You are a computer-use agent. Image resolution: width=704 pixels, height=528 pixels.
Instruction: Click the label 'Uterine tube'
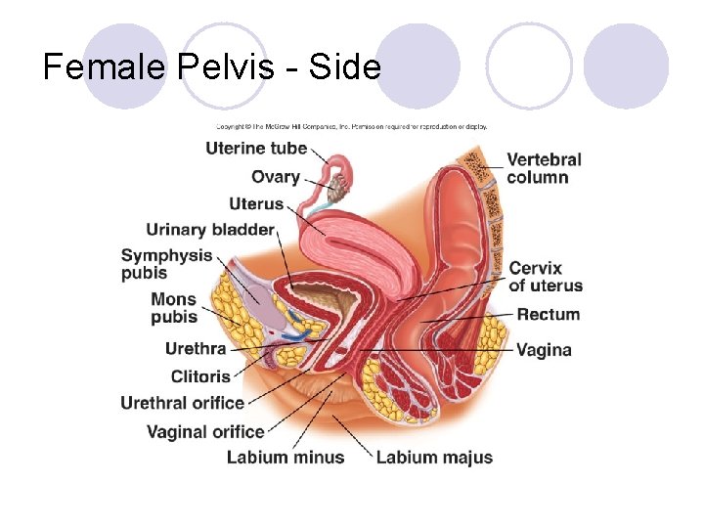click(x=256, y=149)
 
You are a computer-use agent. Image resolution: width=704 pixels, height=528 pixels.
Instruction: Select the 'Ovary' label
click(x=275, y=177)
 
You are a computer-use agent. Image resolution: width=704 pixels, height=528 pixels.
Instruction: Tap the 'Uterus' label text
click(x=255, y=204)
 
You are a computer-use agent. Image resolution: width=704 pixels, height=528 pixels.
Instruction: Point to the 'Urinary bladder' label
click(x=209, y=231)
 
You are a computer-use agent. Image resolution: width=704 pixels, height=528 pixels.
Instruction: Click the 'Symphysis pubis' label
click(x=166, y=264)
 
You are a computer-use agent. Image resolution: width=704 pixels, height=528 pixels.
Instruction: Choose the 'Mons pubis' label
click(x=173, y=307)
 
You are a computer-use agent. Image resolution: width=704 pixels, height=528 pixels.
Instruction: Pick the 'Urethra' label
click(x=196, y=348)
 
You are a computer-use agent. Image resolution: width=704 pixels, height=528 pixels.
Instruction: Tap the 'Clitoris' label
click(x=200, y=376)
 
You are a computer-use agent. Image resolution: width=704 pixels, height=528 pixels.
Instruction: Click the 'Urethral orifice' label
click(x=182, y=403)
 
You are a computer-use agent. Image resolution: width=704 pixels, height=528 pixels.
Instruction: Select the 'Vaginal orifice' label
click(x=205, y=431)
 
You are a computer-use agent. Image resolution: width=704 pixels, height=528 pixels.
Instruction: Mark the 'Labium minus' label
click(x=286, y=457)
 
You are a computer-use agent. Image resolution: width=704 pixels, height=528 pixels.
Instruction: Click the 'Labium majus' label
click(x=434, y=457)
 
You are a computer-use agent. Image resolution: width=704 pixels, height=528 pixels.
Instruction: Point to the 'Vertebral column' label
click(x=544, y=168)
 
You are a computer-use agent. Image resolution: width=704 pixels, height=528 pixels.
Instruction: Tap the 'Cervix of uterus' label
click(x=546, y=277)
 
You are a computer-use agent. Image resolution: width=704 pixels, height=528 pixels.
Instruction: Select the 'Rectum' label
click(x=548, y=315)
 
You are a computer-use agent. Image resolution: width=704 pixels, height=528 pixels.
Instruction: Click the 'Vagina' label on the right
click(x=544, y=349)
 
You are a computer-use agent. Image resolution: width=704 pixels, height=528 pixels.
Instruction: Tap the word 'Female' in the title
click(x=107, y=66)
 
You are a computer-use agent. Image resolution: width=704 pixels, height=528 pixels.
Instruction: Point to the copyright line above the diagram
click(x=351, y=126)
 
